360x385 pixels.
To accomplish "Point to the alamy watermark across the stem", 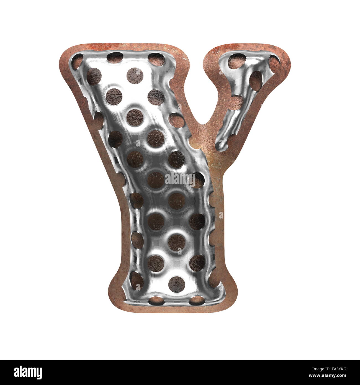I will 180,179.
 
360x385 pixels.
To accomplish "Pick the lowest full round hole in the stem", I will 176,283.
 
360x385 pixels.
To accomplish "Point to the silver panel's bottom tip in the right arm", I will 220,144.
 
